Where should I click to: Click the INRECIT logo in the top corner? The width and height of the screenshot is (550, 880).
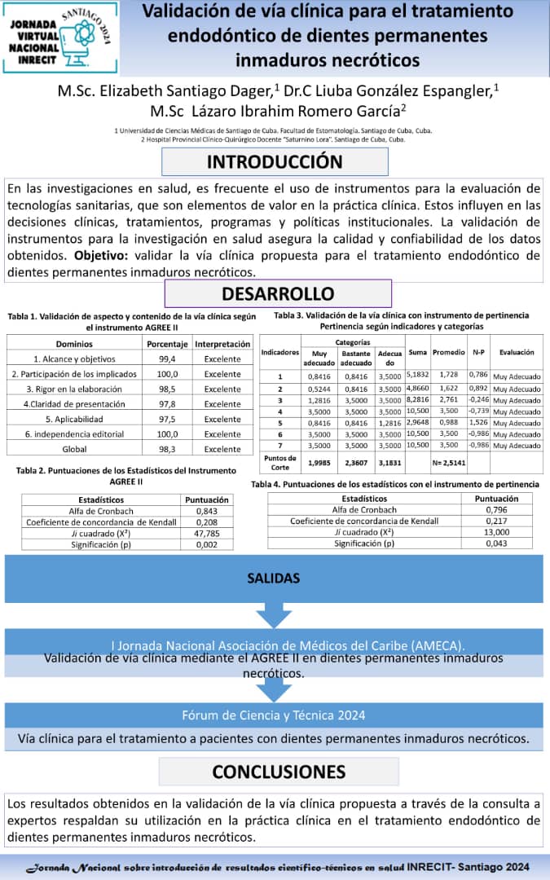pyautogui.click(x=60, y=37)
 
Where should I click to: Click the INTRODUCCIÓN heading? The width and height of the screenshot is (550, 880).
pyautogui.click(x=275, y=161)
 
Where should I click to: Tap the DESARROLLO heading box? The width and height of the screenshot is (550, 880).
pyautogui.click(x=278, y=293)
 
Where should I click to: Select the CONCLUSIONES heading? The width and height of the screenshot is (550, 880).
pyautogui.click(x=279, y=771)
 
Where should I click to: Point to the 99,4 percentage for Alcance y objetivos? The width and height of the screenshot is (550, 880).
pyautogui.click(x=168, y=359)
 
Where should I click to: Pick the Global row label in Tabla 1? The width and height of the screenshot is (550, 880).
pyautogui.click(x=74, y=449)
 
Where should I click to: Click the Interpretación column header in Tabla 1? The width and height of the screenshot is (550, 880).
pyautogui.click(x=222, y=344)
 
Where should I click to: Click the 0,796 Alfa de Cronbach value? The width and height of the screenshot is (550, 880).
pyautogui.click(x=497, y=509)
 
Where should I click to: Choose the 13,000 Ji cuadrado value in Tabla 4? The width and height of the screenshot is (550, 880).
pyautogui.click(x=497, y=531)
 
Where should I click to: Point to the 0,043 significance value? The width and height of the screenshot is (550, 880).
pyautogui.click(x=497, y=543)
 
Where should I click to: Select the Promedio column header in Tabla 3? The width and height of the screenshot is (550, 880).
pyautogui.click(x=448, y=353)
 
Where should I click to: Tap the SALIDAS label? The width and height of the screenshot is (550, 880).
pyautogui.click(x=274, y=579)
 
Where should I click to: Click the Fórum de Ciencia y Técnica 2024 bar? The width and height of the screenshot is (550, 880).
pyautogui.click(x=274, y=715)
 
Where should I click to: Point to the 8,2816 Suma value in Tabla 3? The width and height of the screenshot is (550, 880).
pyautogui.click(x=417, y=400)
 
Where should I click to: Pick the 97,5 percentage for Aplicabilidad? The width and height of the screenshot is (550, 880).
pyautogui.click(x=168, y=419)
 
